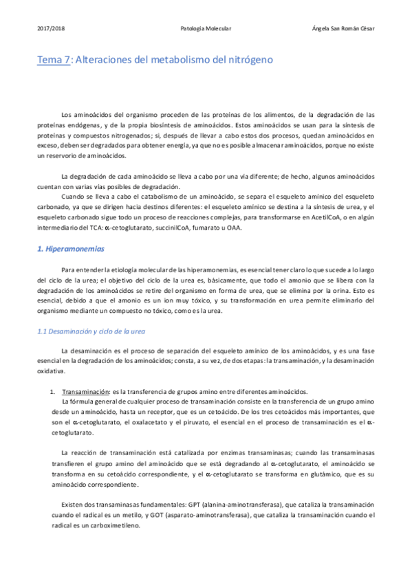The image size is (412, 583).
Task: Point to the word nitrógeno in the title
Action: pos(249,60)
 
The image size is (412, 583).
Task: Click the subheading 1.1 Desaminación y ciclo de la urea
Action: pos(91,331)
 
